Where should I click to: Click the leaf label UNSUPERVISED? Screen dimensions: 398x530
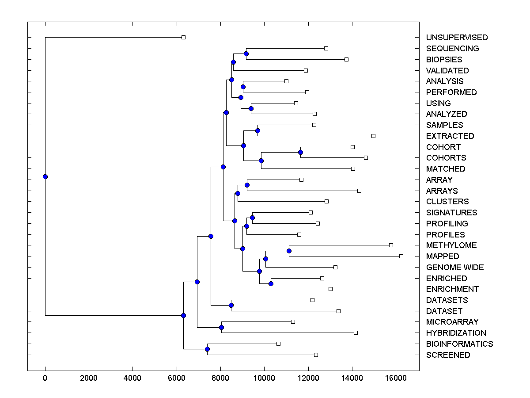[457, 38]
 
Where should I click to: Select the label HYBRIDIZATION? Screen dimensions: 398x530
[456, 333]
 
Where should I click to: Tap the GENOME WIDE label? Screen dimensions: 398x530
[454, 268]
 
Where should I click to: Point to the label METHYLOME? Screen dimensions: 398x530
[451, 245]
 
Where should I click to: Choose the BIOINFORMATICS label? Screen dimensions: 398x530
[459, 344]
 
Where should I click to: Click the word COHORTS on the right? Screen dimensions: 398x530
[446, 158]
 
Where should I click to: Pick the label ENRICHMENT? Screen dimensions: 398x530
[452, 289]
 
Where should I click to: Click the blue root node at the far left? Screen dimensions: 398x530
[45, 176]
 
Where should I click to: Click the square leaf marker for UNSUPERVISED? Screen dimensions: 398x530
[184, 37]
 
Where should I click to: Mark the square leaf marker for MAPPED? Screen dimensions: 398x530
[401, 256]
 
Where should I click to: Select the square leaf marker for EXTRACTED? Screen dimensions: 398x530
[373, 136]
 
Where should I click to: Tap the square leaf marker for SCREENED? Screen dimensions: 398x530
[316, 355]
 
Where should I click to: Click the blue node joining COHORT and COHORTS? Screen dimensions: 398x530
[300, 152]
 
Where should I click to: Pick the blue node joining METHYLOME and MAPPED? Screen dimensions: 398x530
[289, 251]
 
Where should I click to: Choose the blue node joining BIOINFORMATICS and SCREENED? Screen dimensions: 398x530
[207, 349]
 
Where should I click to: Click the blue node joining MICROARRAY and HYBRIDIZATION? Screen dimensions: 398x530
[221, 327]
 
